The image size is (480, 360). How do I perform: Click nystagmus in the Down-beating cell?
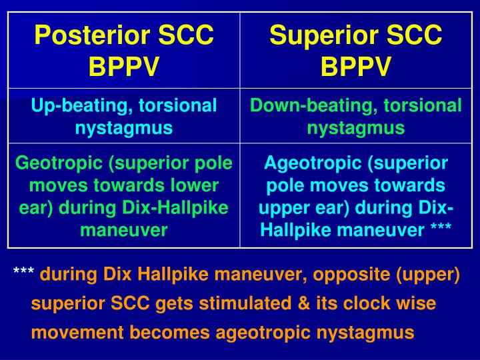356,127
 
